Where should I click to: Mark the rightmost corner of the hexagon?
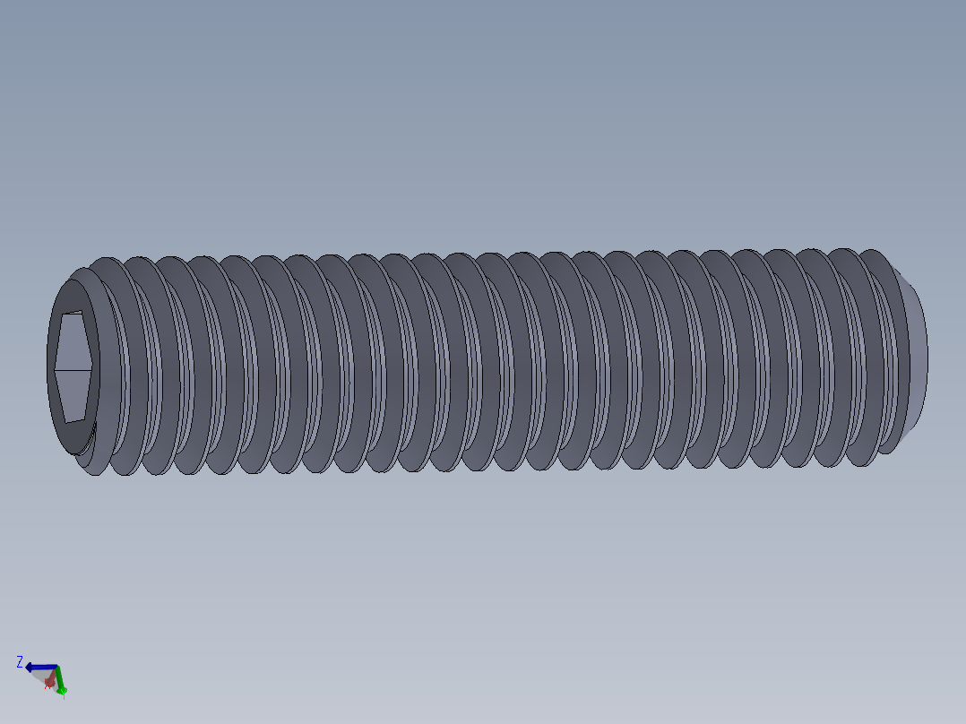coord(94,366)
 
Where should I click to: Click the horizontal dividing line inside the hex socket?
coord(73,367)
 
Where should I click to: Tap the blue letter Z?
coord(20,662)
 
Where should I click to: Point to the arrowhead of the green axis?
coord(62,690)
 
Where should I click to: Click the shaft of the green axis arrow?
coord(59,679)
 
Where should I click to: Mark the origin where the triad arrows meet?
coord(56,668)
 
